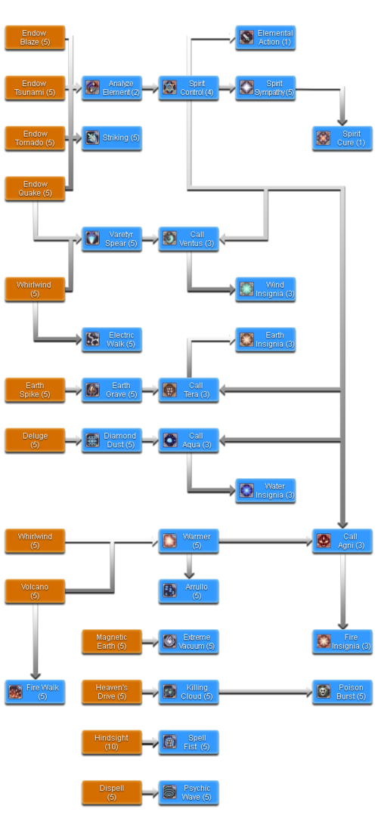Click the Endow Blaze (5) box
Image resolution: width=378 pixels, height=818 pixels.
tap(35, 38)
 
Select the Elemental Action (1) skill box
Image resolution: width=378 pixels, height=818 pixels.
tap(265, 38)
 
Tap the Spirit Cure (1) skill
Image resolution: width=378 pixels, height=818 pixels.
tap(342, 138)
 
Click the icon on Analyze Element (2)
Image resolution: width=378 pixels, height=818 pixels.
tap(92, 87)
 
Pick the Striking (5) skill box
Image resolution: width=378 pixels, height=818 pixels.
tap(112, 138)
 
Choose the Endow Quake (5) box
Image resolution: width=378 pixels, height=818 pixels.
tap(35, 188)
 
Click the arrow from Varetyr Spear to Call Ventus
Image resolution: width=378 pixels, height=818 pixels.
tap(150, 239)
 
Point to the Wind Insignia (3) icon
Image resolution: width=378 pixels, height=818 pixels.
tap(246, 289)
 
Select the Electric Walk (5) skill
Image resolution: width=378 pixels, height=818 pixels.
tap(112, 340)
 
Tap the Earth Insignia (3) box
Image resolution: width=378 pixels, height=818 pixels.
tap(265, 340)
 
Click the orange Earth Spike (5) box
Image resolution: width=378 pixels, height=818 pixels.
tap(35, 390)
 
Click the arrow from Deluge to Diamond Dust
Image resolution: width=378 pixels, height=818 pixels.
tap(73, 440)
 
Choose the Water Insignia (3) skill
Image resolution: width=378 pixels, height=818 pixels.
tap(265, 490)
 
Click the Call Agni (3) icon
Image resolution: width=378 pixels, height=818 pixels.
tap(324, 541)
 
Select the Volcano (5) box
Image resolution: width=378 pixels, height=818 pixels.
tap(35, 591)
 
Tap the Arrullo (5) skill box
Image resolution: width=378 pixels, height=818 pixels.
tap(188, 591)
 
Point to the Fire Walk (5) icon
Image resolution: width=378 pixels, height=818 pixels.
tap(16, 692)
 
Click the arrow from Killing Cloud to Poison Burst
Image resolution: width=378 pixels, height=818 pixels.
tap(266, 693)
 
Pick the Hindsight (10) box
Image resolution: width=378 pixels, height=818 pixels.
tap(112, 742)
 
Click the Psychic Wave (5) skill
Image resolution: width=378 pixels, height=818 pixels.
tap(188, 792)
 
